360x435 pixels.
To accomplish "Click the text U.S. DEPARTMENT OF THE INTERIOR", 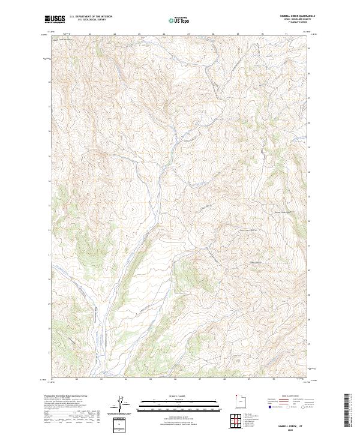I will click(91, 16).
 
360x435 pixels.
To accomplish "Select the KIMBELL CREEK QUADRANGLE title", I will click(298, 16).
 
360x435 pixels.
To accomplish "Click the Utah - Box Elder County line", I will click(298, 19).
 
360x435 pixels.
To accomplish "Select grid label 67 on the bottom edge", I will click(200, 379).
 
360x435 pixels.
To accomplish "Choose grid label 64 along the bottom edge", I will click(126, 379).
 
